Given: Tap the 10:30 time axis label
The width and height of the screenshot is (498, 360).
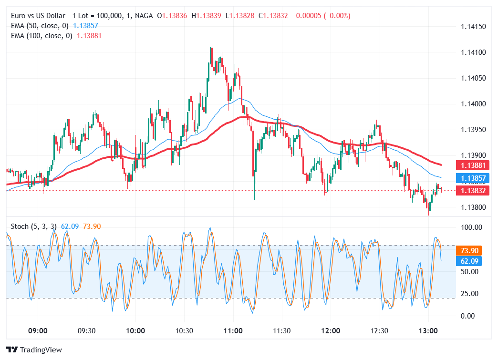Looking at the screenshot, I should [184, 331].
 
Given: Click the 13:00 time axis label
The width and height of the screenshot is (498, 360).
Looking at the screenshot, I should [428, 331].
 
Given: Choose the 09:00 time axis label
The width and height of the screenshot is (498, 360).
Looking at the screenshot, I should [38, 331].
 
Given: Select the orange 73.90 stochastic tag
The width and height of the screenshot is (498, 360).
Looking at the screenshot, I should [469, 251].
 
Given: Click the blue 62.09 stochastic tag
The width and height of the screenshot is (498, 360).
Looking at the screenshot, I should [469, 261].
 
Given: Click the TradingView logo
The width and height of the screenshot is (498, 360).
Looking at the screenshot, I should [34, 350].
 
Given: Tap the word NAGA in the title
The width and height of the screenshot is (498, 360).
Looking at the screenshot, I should [144, 16].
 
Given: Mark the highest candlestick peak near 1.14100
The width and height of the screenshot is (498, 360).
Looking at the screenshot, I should [211, 45].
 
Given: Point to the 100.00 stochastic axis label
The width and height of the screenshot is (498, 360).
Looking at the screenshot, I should [471, 227].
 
